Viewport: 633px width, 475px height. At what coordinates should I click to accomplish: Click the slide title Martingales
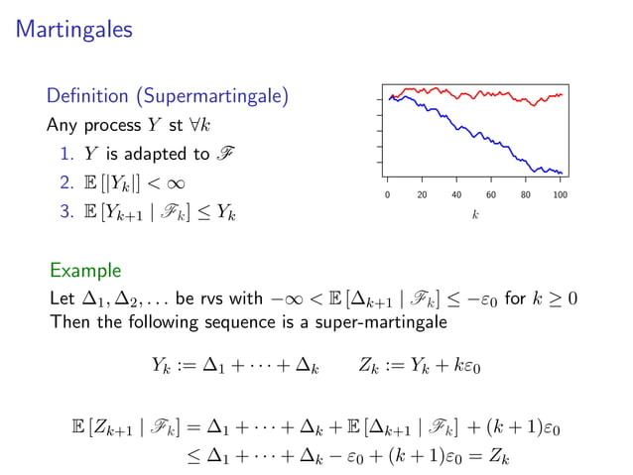74,32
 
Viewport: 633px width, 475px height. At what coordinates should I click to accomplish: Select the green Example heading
85,270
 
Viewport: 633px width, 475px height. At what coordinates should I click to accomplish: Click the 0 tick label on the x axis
387,195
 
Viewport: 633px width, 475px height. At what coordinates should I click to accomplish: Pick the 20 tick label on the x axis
422,195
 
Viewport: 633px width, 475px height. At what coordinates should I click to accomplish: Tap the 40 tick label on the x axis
456,195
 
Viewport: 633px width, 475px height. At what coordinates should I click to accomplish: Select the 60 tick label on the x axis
491,195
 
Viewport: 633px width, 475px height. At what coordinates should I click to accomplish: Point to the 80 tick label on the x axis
526,195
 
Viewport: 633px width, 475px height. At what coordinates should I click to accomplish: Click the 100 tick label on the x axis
561,195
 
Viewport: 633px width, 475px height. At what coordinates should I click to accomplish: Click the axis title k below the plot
475,214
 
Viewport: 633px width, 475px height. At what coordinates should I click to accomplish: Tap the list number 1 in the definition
64,155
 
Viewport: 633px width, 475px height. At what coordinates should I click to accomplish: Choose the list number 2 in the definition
64,183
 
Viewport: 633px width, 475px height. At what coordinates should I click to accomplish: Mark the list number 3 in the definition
64,212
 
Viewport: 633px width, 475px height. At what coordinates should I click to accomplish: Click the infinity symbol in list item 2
175,183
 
